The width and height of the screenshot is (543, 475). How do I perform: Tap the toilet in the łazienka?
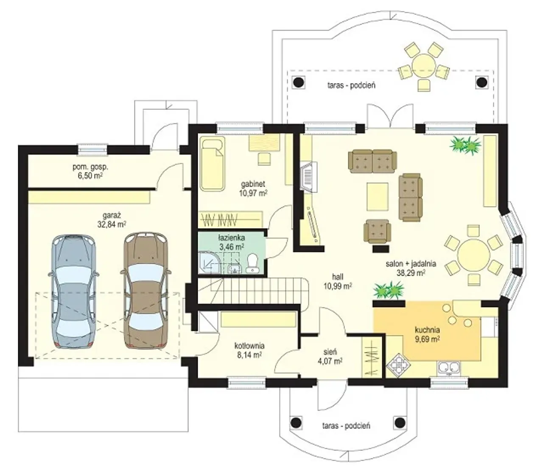click(x=252, y=263)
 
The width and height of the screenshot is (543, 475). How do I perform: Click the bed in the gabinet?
click(x=212, y=164)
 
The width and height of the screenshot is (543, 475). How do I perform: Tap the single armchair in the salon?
click(x=377, y=231)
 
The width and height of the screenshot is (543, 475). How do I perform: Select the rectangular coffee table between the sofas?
click(x=378, y=196)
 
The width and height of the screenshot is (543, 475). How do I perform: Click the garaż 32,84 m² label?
click(x=112, y=220)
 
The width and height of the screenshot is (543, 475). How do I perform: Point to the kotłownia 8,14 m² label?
click(x=249, y=350)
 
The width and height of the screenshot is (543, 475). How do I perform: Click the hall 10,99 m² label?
click(x=338, y=282)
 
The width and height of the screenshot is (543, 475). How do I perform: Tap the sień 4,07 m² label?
click(x=330, y=356)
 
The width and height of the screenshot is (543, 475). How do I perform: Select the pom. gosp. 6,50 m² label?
click(x=90, y=171)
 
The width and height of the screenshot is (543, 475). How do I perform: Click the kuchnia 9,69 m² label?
click(x=427, y=334)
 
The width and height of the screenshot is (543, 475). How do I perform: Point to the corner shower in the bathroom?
click(x=210, y=263)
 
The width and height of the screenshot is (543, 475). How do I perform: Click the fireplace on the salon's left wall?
click(x=308, y=177)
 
